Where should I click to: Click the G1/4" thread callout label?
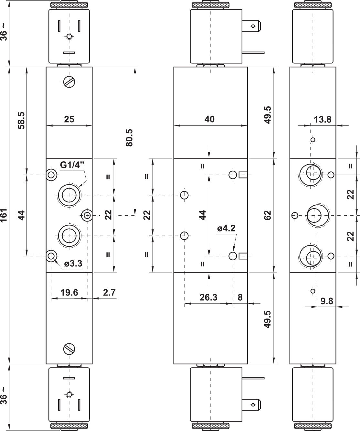72,165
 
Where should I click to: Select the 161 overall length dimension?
4,215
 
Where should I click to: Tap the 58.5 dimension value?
21,121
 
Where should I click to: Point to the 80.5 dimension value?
129,138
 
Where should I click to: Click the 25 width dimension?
69,119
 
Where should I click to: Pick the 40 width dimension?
209,119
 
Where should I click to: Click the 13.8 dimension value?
323,120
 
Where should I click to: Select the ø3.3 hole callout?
73,264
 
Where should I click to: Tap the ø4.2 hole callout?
226,228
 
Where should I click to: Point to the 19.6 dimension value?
69,293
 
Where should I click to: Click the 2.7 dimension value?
109,293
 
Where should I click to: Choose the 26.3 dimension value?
208,297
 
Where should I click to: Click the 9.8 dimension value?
327,301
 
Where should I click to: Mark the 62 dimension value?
267,215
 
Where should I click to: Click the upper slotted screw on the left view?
69,82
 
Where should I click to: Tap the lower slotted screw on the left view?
69,349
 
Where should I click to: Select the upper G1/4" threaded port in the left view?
69,195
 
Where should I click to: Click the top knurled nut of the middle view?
210,5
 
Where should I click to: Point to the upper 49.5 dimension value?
267,115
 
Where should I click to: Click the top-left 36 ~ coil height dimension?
4,32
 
